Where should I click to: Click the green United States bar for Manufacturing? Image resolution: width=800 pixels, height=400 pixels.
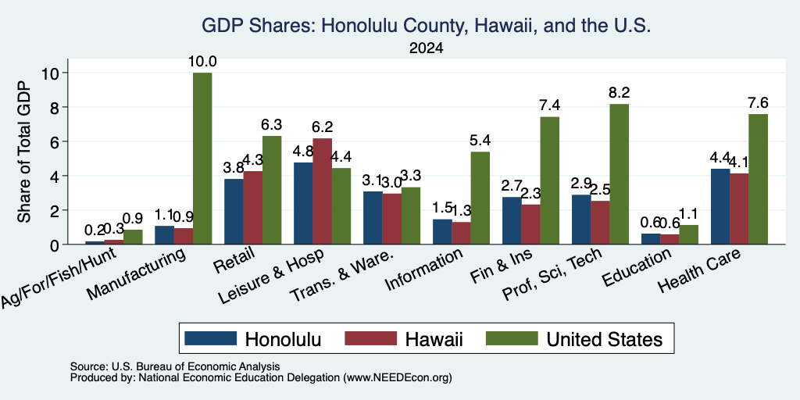tap(202, 158)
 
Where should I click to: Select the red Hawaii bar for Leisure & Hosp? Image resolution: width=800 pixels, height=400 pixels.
tap(323, 191)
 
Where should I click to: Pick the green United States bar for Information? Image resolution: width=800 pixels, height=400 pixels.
tap(480, 198)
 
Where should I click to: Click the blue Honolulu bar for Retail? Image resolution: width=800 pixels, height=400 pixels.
tap(234, 212)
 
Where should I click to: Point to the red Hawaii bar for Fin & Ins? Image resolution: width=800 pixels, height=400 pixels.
tap(531, 224)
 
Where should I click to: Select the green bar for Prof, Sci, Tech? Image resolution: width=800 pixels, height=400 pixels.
tap(620, 174)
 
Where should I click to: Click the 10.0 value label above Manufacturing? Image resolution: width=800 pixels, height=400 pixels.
tap(202, 62)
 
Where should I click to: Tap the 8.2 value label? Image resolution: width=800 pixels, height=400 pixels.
tap(619, 93)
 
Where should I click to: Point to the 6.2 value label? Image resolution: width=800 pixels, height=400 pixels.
tap(323, 127)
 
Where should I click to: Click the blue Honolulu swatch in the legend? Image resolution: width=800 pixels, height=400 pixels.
tap(211, 338)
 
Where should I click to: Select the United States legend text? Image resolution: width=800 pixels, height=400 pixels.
tap(605, 339)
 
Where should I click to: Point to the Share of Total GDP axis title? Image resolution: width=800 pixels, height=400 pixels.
tap(24, 152)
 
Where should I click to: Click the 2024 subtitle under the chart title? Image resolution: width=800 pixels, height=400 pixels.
tap(426, 48)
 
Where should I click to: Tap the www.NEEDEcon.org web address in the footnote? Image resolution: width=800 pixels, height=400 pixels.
tap(398, 378)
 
